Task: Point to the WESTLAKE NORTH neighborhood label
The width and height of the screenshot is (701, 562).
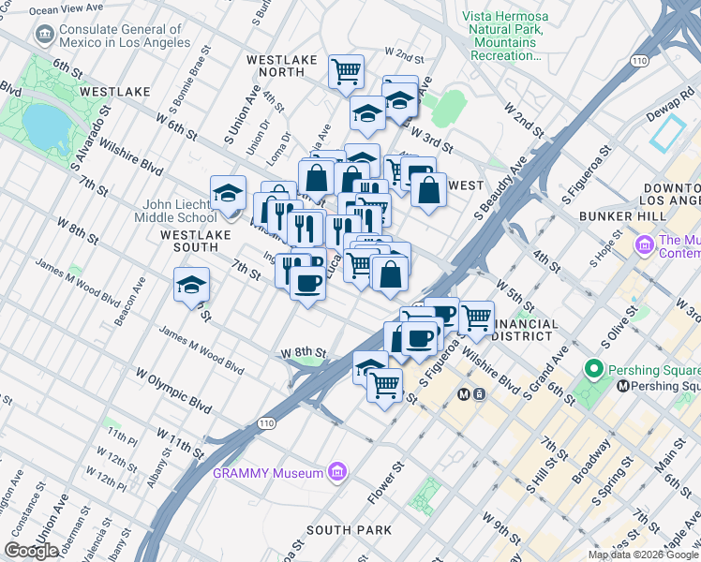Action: coord(282,60)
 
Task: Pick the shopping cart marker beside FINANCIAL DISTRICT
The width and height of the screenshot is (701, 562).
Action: coord(477,316)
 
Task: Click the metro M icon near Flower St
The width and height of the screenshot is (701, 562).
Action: coord(465,394)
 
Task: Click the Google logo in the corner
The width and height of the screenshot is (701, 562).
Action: coord(31,551)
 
